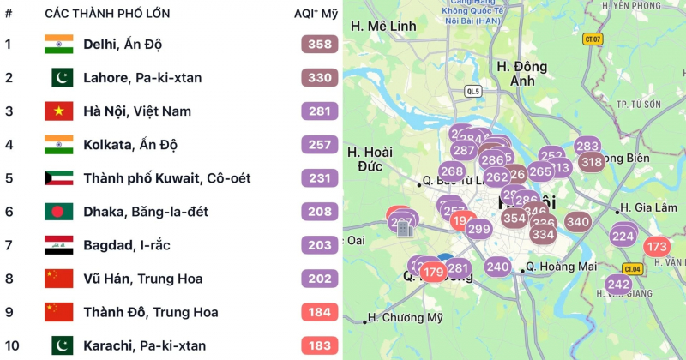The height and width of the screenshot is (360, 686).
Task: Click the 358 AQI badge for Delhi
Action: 320,44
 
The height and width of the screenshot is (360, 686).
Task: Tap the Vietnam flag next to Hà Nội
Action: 59,111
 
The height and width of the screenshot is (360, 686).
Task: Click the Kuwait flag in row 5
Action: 59,178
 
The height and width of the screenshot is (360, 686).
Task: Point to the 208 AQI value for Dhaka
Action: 320,212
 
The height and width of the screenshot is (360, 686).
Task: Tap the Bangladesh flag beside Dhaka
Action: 59,212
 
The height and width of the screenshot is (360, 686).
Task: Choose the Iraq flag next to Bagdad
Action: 59,245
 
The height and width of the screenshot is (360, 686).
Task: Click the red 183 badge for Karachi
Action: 320,345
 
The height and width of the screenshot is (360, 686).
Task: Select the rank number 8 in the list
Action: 9,279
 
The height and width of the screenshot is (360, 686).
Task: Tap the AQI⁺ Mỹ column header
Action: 316,14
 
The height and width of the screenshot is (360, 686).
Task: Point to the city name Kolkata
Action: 109,145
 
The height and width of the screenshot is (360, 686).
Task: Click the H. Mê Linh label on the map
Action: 383,26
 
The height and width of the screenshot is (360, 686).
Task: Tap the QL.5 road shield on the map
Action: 473,90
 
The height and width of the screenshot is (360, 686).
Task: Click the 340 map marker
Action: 578,222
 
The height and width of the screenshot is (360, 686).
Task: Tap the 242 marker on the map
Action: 618,285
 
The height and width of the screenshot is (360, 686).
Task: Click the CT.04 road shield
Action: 632,269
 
